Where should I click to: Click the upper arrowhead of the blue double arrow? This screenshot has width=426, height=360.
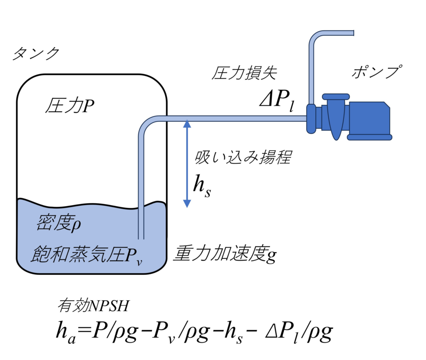click(187, 123)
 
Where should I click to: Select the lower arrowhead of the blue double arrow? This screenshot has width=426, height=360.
click(187, 203)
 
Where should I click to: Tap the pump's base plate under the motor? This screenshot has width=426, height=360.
click(369, 136)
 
